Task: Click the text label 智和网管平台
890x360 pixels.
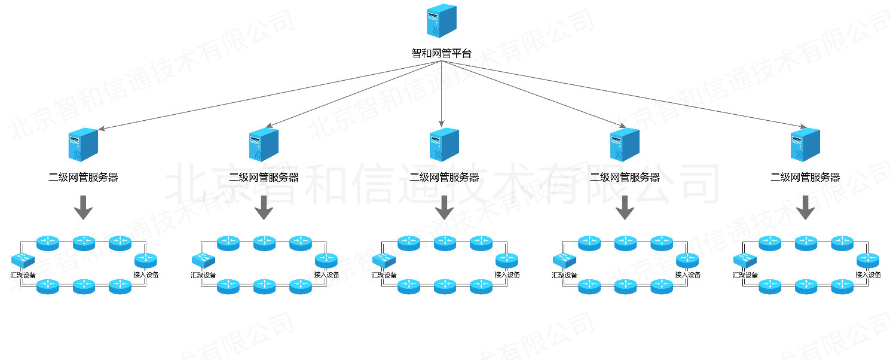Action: click(442, 53)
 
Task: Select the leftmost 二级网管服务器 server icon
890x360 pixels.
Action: click(83, 145)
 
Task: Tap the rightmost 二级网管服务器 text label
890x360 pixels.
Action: click(805, 177)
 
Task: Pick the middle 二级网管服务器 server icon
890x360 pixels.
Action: click(444, 145)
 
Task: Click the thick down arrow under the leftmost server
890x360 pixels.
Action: click(83, 208)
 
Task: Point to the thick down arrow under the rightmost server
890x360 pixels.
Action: click(805, 208)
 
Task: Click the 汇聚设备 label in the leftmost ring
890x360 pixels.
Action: click(23, 275)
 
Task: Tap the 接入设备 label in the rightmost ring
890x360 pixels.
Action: click(868, 275)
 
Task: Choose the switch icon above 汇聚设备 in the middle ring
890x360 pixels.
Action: click(384, 260)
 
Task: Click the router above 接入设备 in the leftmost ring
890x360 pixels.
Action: click(145, 260)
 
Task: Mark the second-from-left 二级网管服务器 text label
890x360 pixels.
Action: click(264, 177)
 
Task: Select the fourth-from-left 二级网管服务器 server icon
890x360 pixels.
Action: click(625, 145)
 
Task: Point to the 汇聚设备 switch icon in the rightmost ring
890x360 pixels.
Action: click(745, 260)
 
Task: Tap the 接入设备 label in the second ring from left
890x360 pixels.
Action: click(326, 275)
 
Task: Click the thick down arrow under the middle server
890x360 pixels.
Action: click(444, 208)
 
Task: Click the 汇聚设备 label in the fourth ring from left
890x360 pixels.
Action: click(564, 275)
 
